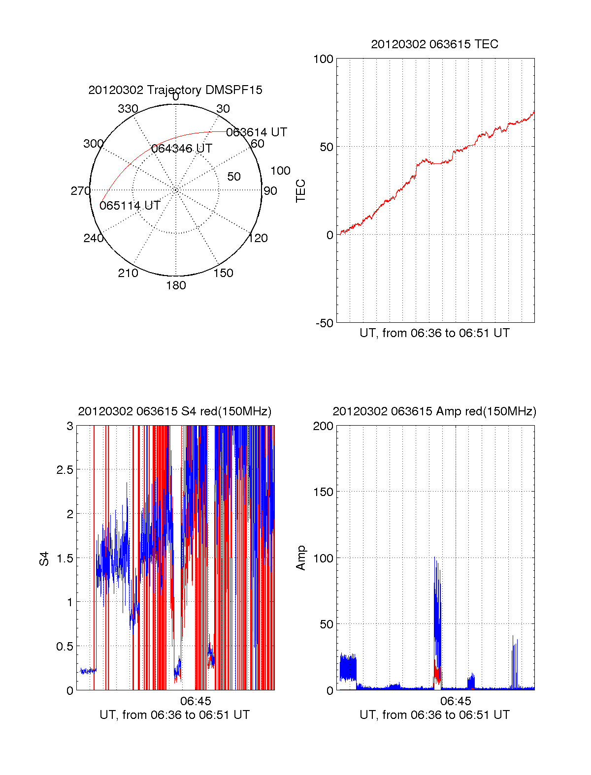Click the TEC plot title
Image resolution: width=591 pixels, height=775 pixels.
coord(434,44)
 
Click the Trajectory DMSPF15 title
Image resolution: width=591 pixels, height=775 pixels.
coord(175,90)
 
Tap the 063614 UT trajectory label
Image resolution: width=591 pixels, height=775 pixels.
coord(256,132)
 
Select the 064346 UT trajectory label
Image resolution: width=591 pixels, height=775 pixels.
coord(182,149)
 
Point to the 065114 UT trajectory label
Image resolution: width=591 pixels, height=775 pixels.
coord(130,206)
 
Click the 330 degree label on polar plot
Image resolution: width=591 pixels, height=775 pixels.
coord(128,109)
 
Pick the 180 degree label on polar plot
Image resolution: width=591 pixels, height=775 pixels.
coord(176,285)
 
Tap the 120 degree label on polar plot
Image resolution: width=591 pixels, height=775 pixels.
coord(258,239)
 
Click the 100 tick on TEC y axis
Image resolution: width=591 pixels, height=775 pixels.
coord(324,59)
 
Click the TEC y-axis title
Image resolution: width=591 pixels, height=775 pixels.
coord(300,191)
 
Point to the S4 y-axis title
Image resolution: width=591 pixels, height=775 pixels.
coord(44,558)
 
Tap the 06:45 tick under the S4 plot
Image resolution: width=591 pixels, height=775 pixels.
coord(196,701)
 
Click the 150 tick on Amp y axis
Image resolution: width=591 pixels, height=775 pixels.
coord(324,492)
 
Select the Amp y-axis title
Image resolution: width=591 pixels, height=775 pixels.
coord(300,558)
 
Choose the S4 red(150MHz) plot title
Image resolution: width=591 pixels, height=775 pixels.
coord(175,411)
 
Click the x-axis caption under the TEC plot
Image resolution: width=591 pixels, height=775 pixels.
coord(434,333)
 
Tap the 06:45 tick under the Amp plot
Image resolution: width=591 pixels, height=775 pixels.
coord(456,701)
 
